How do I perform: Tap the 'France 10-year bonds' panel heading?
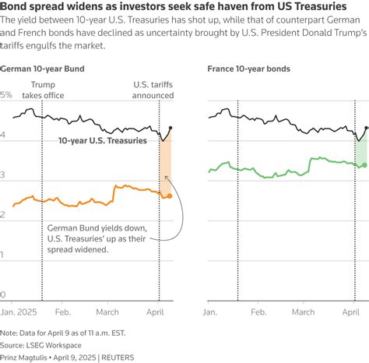[248, 69]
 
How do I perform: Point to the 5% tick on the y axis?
[6, 95]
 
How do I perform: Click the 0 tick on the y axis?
[3, 295]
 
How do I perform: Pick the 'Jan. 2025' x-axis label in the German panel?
[19, 311]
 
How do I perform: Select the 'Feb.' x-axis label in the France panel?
[258, 311]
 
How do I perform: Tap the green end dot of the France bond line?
[365, 165]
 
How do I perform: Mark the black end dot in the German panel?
[170, 128]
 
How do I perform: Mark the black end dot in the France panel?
[365, 128]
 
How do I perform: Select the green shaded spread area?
[360, 150]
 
